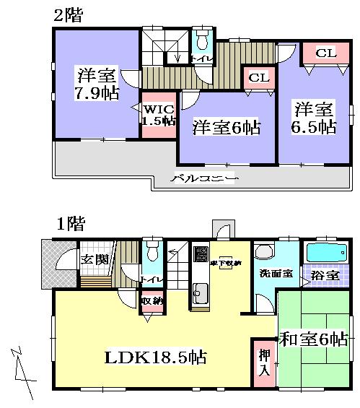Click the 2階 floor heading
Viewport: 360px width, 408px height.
[67, 15]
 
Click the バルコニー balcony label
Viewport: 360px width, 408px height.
[204, 177]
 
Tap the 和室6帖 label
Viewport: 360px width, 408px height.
[315, 338]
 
